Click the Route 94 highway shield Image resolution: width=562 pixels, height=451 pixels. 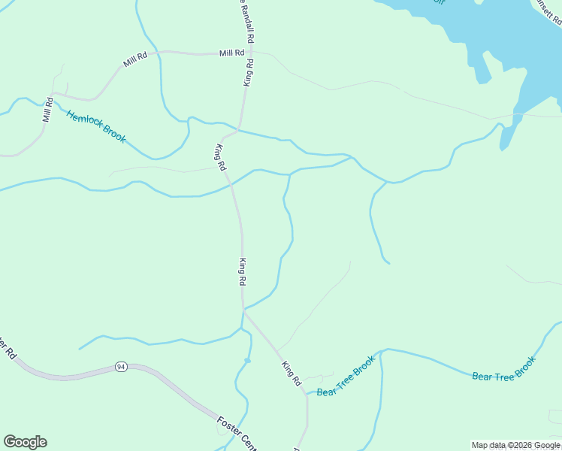[120, 366]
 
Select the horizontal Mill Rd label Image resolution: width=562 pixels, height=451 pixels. [232, 53]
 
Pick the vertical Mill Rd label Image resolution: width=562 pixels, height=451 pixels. [47, 110]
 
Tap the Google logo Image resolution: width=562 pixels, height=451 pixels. [25, 442]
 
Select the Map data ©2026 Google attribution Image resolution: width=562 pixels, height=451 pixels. [515, 445]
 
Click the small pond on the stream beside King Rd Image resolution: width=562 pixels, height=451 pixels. [246, 361]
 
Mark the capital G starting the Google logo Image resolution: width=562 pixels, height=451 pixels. [10, 442]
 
